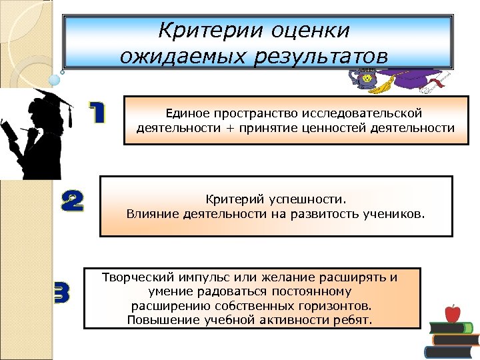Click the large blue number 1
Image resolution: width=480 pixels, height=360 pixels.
pos(97,112)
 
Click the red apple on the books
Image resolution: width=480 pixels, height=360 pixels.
pos(453,312)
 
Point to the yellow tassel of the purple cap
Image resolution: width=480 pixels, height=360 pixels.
pos(383,87)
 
